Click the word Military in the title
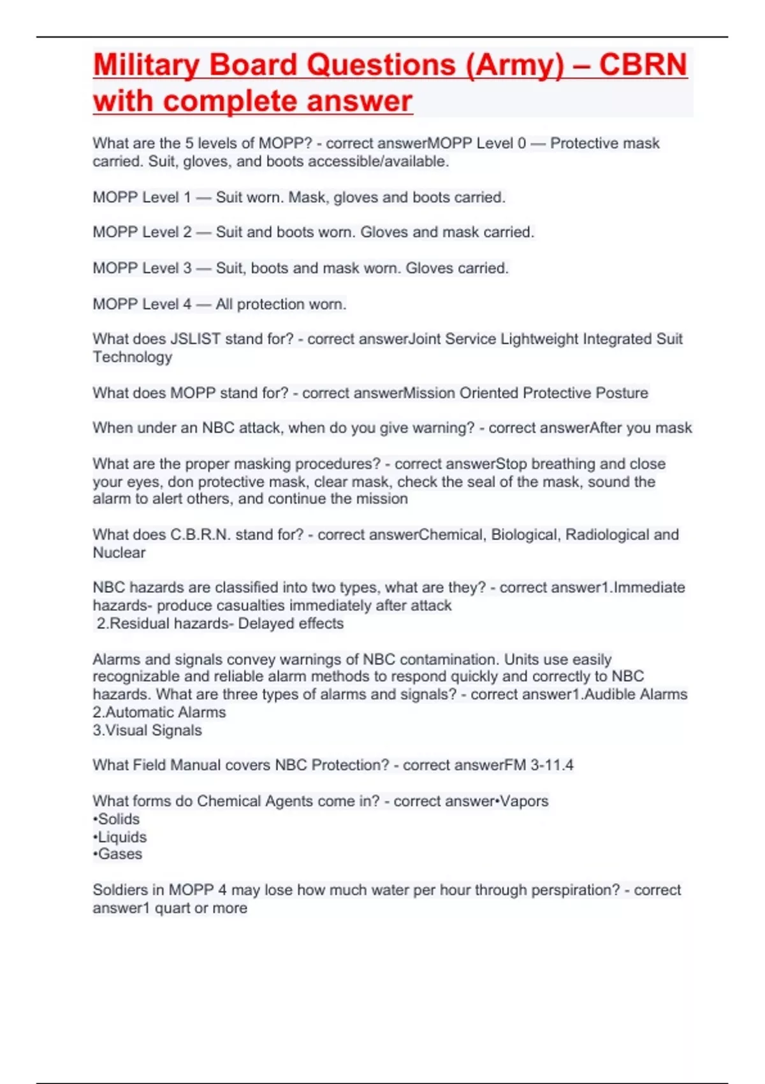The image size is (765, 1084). click(x=146, y=65)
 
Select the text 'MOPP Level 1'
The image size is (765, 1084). click(x=142, y=197)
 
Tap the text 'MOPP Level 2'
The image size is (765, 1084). click(x=142, y=232)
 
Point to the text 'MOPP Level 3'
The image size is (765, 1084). click(x=142, y=268)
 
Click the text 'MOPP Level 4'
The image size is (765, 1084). click(x=142, y=304)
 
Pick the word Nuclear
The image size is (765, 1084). click(x=119, y=552)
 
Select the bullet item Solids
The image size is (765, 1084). click(x=118, y=819)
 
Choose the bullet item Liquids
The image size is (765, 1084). click(x=121, y=837)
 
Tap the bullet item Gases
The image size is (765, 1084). click(x=119, y=854)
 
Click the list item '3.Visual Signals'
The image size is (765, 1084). click(x=147, y=730)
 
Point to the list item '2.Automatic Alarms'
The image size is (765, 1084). click(x=159, y=712)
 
